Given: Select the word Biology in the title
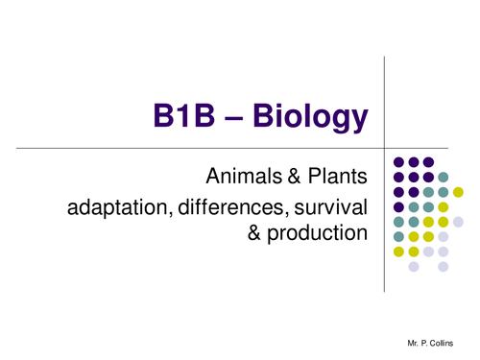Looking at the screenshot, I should (311, 118).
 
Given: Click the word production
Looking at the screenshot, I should (315, 233).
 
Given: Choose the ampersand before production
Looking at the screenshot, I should (255, 233).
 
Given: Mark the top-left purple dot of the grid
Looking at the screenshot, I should (397, 162).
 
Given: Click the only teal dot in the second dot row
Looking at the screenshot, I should (444, 177).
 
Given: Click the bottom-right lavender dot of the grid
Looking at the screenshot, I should (428, 267).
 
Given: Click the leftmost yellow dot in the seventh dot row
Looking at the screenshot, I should (397, 252).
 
